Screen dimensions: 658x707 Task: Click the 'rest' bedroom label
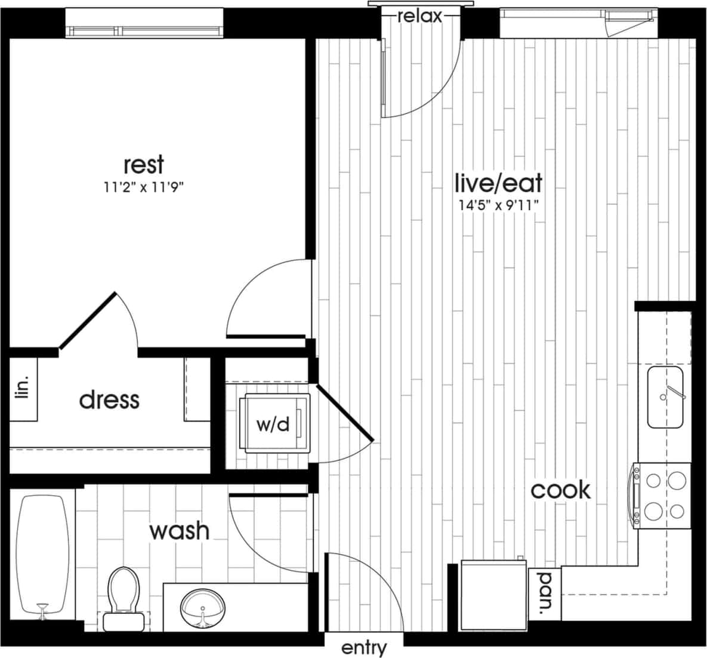(x=143, y=164)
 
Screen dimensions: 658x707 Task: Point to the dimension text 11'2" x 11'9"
(x=143, y=187)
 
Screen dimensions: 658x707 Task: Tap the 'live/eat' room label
(x=498, y=181)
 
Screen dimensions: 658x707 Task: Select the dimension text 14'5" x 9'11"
(x=498, y=205)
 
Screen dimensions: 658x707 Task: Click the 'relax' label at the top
(x=420, y=16)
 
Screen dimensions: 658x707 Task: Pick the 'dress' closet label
(x=109, y=399)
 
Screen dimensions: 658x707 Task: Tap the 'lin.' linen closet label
(x=23, y=389)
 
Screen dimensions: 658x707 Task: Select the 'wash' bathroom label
(x=179, y=530)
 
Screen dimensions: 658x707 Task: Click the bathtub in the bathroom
(x=42, y=555)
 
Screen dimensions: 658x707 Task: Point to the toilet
(x=122, y=597)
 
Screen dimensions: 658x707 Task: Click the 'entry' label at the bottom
(x=364, y=647)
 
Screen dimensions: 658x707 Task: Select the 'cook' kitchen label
(x=561, y=490)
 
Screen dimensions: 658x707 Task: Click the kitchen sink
(x=666, y=397)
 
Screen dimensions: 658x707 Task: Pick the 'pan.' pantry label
(x=544, y=594)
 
